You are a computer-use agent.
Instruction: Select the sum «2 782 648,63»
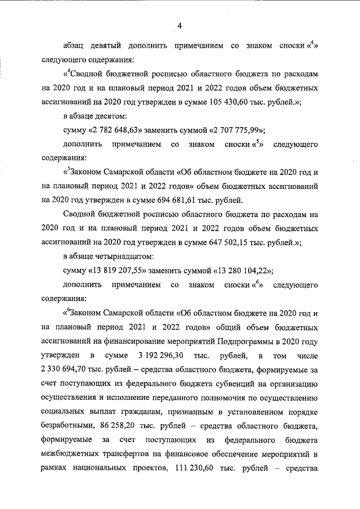pos(112,130)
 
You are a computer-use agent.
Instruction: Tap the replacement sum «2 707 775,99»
pos(222,130)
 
